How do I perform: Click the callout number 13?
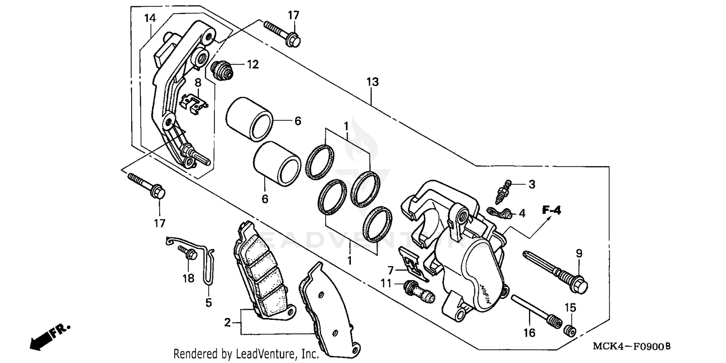[372, 82]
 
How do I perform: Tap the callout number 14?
[150, 18]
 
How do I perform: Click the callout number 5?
[209, 303]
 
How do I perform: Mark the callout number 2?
[227, 322]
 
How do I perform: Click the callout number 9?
[579, 253]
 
